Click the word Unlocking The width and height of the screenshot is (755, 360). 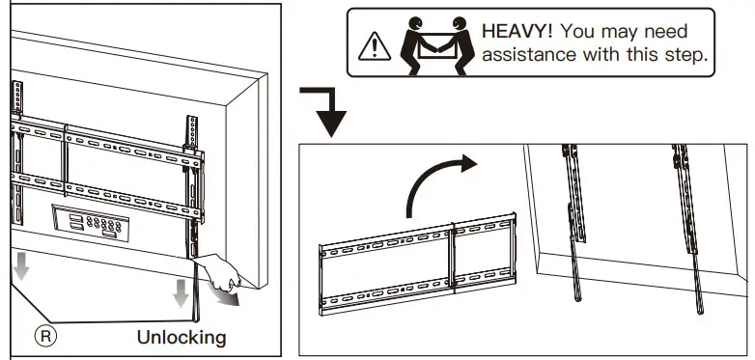182,337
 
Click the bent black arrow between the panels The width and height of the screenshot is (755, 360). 326,109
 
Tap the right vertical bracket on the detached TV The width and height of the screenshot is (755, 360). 687,222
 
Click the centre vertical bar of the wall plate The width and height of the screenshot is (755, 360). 453,265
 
